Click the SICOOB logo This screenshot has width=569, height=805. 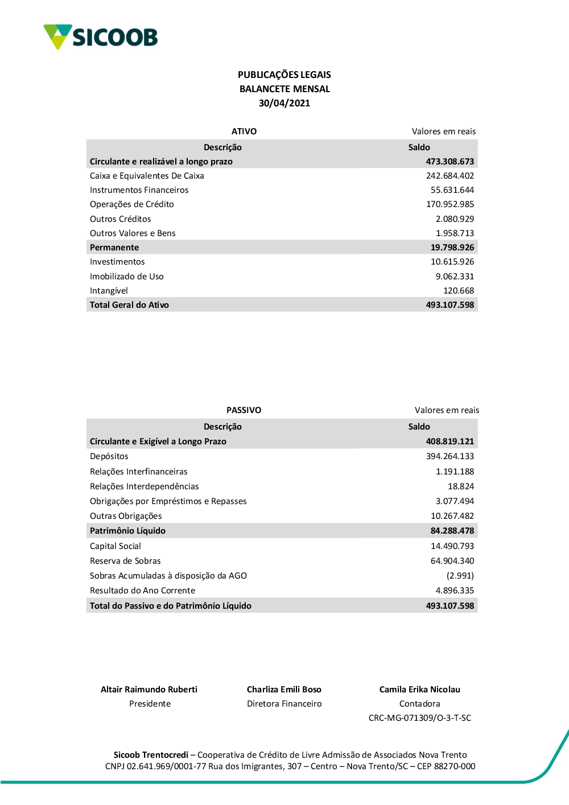(101, 37)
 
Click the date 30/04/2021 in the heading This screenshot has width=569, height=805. (284, 103)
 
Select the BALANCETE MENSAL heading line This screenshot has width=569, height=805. (284, 89)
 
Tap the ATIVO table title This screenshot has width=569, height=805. (244, 131)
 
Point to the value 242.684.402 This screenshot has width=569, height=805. (450, 176)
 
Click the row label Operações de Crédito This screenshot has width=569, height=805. (132, 204)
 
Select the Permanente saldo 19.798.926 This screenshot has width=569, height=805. (452, 247)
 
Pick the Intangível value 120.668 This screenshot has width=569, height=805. (458, 291)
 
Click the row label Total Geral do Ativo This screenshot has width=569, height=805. (129, 305)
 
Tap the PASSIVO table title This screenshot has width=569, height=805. (244, 410)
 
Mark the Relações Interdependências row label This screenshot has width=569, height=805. (145, 486)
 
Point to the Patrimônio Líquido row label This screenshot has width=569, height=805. (127, 531)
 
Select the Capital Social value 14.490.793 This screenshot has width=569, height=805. (452, 546)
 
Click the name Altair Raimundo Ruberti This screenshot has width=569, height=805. (149, 690)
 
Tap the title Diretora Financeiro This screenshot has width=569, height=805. (284, 704)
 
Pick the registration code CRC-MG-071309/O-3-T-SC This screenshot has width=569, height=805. (420, 718)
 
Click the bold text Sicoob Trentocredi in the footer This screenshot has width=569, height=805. (151, 755)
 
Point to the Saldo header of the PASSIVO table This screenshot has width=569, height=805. (419, 427)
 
